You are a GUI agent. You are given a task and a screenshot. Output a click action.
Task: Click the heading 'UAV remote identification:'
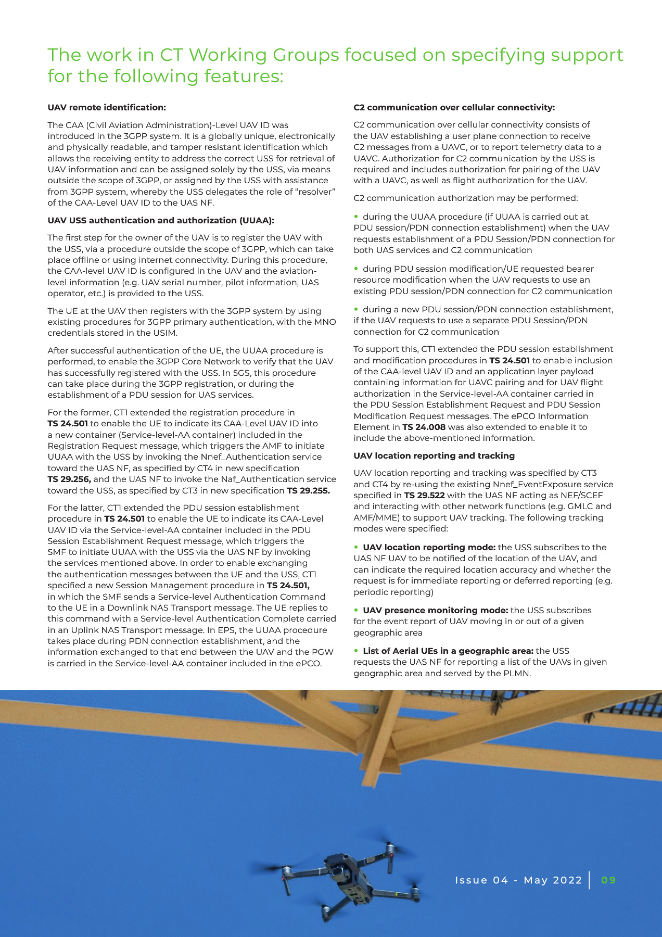coord(107,108)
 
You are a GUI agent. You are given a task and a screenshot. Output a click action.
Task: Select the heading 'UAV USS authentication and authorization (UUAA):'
coord(161,221)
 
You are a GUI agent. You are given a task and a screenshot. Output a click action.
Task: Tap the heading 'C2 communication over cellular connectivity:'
coord(454,108)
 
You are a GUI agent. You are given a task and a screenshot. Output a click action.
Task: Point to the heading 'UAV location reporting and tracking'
coord(434,456)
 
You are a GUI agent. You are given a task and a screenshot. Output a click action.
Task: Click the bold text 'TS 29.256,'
coord(69,479)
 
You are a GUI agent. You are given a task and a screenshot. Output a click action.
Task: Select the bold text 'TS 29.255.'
coord(308,491)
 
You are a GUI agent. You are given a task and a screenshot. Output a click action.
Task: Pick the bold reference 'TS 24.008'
coord(424,427)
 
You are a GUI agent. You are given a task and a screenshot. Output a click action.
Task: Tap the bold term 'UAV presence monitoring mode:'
coord(435,611)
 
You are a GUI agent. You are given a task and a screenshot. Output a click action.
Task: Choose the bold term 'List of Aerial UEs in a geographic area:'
coord(448,651)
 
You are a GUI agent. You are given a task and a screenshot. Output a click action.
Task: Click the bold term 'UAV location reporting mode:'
coord(429,548)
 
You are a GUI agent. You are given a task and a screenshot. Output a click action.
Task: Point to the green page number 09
coord(608,880)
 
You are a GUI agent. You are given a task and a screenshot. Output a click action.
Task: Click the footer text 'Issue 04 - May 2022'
coord(518,880)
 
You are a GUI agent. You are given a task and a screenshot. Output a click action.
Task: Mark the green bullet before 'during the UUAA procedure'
coord(357,216)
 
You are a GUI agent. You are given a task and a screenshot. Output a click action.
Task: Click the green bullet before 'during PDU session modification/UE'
coord(357,268)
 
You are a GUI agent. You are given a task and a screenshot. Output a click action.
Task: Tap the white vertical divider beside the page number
coord(590,880)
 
